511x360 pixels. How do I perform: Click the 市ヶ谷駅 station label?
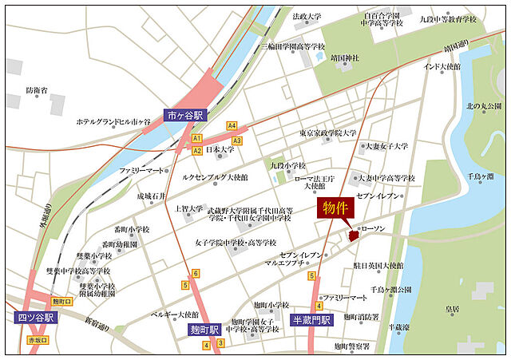pyautogui.click(x=185, y=115)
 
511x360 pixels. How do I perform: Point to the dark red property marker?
pyautogui.click(x=354, y=235)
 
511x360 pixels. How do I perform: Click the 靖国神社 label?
pyautogui.click(x=345, y=58)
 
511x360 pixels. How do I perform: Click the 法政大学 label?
pyautogui.click(x=307, y=16)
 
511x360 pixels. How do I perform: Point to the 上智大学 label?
pyautogui.click(x=189, y=209)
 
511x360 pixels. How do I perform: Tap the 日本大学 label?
pyautogui.click(x=220, y=149)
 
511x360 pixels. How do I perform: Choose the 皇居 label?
pyautogui.click(x=452, y=308)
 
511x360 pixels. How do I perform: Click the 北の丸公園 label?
pyautogui.click(x=484, y=106)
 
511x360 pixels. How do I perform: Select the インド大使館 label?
pyautogui.click(x=442, y=66)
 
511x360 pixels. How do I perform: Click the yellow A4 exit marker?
pyautogui.click(x=232, y=125)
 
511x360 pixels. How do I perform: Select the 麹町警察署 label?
pyautogui.click(x=352, y=346)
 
